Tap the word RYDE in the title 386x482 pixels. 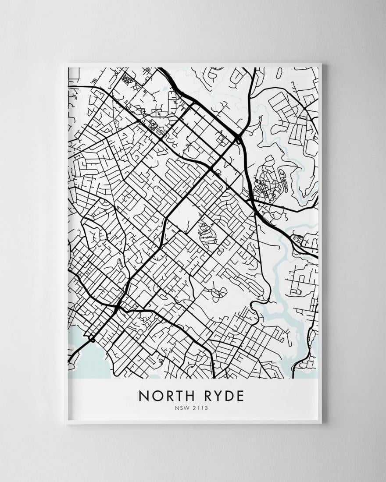[x=223, y=396]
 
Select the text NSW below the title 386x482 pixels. [x=181, y=409]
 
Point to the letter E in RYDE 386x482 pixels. [x=239, y=396]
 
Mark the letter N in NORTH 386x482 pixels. [x=144, y=396]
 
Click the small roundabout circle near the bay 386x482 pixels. [x=93, y=340]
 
